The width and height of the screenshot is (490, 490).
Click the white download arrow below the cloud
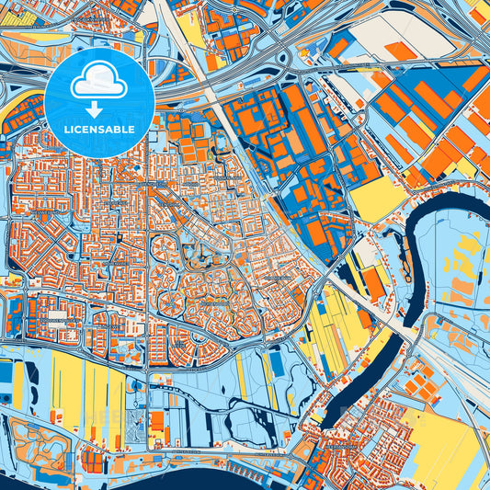(x=99, y=108)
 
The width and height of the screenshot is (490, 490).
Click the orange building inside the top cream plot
(x=399, y=51)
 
